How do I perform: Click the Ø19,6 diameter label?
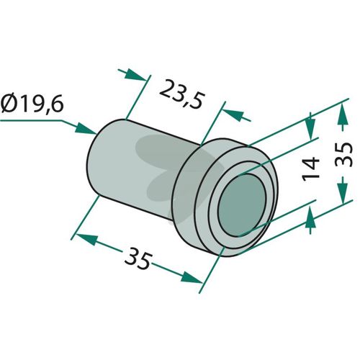(32, 104)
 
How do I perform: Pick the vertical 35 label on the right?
(343, 154)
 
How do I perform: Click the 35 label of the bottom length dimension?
(139, 258)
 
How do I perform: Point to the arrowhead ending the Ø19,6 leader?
(86, 128)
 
